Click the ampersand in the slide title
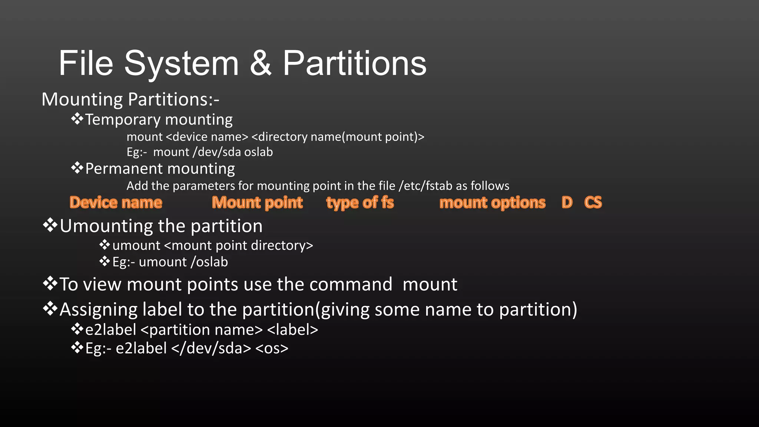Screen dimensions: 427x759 [261, 63]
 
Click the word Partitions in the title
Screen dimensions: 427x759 [355, 63]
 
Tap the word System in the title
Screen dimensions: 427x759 [181, 63]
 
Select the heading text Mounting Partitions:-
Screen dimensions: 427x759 [130, 99]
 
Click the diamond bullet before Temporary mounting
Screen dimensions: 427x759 [77, 119]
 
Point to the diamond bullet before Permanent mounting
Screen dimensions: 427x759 [77, 168]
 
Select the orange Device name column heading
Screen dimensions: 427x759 [116, 202]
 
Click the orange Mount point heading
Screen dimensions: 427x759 [257, 202]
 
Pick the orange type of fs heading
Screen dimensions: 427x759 [360, 202]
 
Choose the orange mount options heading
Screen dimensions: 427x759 [492, 202]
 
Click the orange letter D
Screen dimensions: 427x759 [567, 202]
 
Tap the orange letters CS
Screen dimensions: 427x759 [593, 202]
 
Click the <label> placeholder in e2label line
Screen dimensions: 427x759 [292, 330]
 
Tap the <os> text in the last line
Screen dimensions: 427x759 [272, 348]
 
